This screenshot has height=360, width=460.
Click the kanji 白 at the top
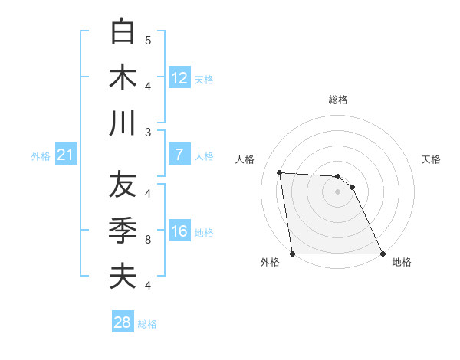coord(123,31)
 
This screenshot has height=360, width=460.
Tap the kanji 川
coord(123,123)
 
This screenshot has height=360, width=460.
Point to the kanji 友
coord(123,185)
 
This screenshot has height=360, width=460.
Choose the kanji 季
coord(123,231)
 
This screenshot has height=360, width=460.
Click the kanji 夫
coord(123,277)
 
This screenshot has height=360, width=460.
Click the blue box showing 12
coord(179,77)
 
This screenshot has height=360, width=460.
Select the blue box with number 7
coord(179,155)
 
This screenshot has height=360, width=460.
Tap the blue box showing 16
coord(179,232)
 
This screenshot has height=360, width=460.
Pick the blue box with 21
coord(65,155)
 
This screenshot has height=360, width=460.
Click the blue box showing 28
coord(123,322)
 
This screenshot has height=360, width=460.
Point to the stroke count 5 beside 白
coord(148,40)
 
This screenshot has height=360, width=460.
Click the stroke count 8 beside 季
coord(148,240)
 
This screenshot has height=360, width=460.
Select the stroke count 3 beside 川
coord(148,133)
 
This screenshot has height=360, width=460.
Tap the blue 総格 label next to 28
coord(147,324)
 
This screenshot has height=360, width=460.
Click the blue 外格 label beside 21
coord(41,156)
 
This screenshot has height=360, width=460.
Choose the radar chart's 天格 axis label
coord(431,159)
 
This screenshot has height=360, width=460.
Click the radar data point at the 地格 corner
coord(382,254)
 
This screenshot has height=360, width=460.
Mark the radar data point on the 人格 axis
coord(280,172)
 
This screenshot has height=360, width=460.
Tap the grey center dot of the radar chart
coord(337,191)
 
